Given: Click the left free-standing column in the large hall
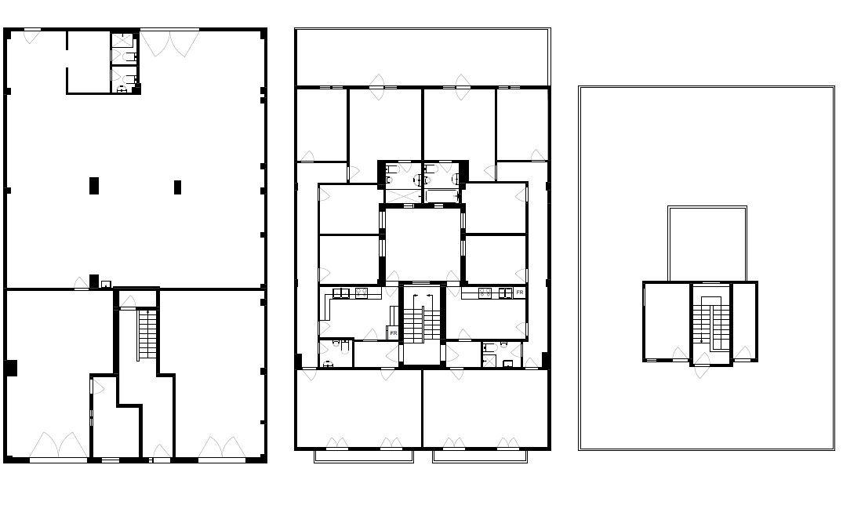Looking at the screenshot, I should pos(94,186).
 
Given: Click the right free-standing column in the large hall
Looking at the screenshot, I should pos(177,187).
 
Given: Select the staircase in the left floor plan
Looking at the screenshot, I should pos(146,335).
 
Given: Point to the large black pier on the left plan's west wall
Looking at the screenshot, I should pos(11,367).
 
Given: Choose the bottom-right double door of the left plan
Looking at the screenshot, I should pos(223,447).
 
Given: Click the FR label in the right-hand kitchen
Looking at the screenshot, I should pos(519,293).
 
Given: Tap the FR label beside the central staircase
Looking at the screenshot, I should pos(393,333).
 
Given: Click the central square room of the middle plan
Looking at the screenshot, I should pos(422,243).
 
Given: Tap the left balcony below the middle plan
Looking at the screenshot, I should pos(363,456).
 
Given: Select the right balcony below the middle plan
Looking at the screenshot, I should pos(480,456).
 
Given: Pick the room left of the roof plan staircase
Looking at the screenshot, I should pos(666,320).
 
